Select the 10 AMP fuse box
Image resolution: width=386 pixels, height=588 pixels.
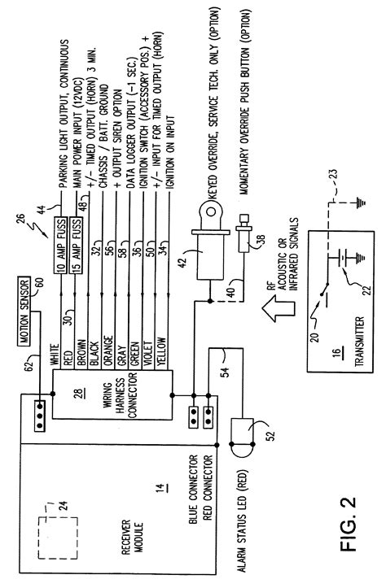(61, 245)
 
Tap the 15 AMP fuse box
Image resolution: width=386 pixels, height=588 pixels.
(77, 245)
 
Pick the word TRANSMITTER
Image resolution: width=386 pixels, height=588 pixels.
(360, 342)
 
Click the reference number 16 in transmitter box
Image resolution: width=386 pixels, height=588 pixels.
(338, 352)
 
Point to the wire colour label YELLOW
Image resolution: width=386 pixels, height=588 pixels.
(162, 351)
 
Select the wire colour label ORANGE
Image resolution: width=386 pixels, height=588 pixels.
(108, 351)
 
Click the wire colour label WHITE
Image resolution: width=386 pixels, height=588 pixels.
(55, 355)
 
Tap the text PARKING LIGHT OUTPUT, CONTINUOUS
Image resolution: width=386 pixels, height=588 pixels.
(64, 114)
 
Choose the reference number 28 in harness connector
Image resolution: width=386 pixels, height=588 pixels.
(80, 394)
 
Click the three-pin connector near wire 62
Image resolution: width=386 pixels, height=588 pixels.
(40, 416)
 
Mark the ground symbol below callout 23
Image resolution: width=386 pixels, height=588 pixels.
(360, 203)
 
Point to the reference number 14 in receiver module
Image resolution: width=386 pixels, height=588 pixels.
(161, 488)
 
